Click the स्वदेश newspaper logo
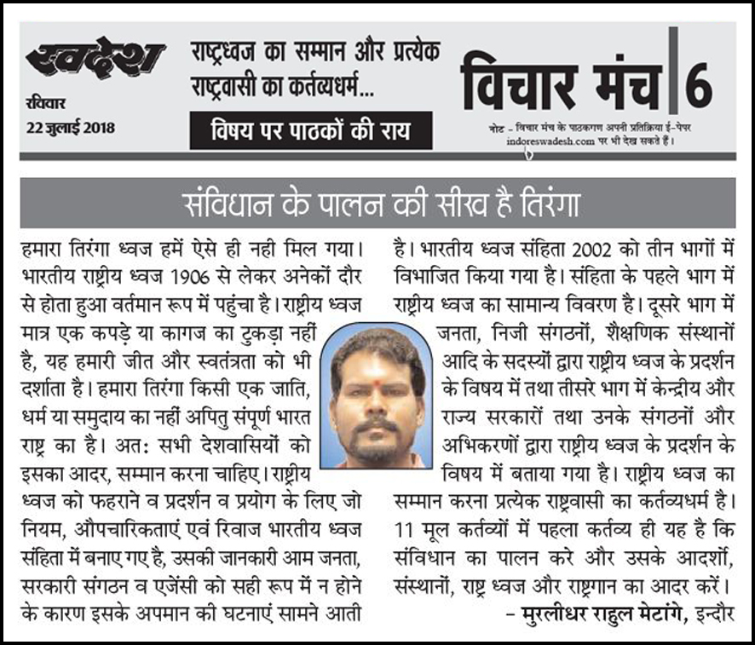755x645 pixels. (94, 60)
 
